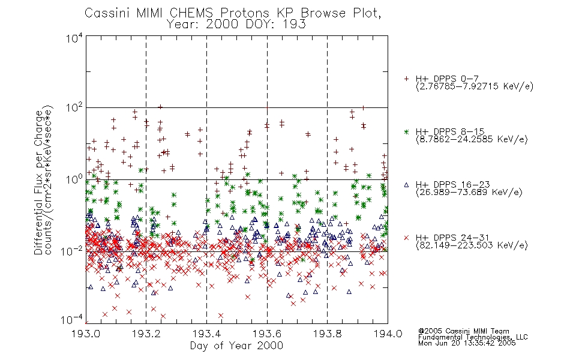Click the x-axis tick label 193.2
click(x=146, y=334)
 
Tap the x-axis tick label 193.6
click(x=267, y=334)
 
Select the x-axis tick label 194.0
click(x=388, y=334)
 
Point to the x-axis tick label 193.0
click(x=86, y=334)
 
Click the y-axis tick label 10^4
click(x=74, y=38)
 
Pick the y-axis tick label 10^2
click(x=74, y=108)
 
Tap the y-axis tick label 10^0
click(x=74, y=179)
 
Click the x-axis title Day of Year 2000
click(x=236, y=346)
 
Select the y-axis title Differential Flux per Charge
click(x=38, y=182)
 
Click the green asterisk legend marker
click(x=406, y=132)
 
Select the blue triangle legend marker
click(x=406, y=185)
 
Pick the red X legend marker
click(x=406, y=238)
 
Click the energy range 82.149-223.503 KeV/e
click(x=472, y=245)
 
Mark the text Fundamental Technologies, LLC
click(x=473, y=337)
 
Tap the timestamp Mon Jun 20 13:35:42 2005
click(x=467, y=343)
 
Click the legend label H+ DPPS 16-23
click(x=453, y=185)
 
